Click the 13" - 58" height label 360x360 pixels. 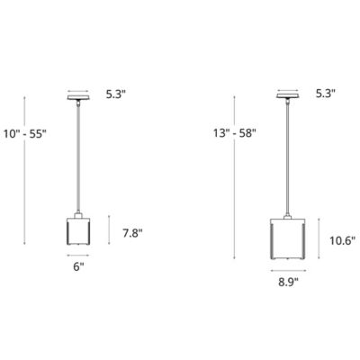click(x=235, y=133)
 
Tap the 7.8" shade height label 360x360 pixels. click(x=132, y=233)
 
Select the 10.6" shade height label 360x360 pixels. click(x=337, y=240)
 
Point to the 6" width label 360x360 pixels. click(x=78, y=267)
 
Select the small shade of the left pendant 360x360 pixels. click(x=79, y=231)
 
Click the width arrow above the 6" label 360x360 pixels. click(x=79, y=255)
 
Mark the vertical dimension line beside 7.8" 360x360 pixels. click(x=110, y=232)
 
